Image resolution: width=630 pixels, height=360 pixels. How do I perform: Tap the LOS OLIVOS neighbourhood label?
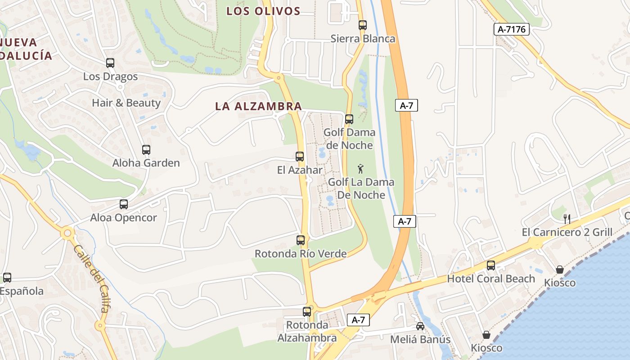tap(263, 11)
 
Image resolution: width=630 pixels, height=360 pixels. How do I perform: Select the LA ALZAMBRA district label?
tap(258, 106)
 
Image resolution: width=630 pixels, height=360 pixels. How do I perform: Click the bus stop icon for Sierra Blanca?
tap(363, 25)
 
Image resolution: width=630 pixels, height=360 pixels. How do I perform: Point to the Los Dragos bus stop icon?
tap(110, 63)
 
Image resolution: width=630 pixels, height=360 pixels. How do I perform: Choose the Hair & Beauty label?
tap(126, 103)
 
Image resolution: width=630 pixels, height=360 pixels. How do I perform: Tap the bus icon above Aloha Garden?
tap(146, 150)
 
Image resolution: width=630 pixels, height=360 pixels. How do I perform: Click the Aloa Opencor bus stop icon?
tap(124, 204)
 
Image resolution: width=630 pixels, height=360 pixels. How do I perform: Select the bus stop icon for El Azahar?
tap(300, 157)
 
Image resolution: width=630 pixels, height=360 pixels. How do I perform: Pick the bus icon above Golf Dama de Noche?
tap(349, 119)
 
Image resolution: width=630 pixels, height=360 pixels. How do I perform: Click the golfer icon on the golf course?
tap(360, 169)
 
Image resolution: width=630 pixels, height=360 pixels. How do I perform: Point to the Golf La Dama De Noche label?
tap(361, 189)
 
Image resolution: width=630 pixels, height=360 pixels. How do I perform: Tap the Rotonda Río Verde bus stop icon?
tap(301, 240)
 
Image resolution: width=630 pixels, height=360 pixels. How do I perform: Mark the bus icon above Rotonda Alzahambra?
tap(307, 311)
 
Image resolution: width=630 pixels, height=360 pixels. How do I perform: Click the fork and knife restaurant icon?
tap(567, 219)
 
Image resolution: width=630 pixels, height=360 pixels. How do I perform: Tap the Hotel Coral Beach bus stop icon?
tap(491, 265)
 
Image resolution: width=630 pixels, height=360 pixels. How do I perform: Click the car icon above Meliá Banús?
tap(420, 326)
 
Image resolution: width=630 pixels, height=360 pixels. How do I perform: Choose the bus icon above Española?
tap(7, 278)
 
